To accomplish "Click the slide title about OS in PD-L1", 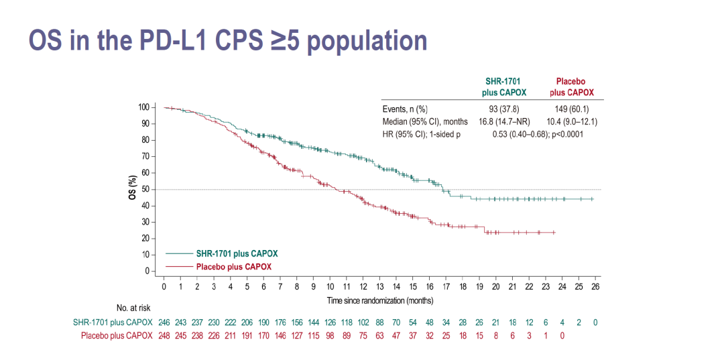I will [x=228, y=41].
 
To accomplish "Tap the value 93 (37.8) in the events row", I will [x=503, y=109].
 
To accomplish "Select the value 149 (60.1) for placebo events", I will [x=574, y=109].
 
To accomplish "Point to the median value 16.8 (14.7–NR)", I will [x=503, y=122].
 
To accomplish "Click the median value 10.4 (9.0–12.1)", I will [x=574, y=122].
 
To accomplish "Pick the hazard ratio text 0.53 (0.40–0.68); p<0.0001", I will [x=538, y=135].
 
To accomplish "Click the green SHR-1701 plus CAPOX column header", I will [x=503, y=87].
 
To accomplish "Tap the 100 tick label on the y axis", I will [x=143, y=107].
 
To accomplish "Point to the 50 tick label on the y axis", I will [x=145, y=189].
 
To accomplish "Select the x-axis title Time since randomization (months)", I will [x=380, y=300].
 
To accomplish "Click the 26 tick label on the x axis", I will [x=595, y=286].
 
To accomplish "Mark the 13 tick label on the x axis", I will [x=379, y=286].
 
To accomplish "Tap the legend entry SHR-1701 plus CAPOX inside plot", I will [x=237, y=253].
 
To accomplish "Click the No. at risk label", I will [x=133, y=308].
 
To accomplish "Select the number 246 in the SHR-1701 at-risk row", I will [x=164, y=322].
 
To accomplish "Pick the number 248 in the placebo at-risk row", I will [x=164, y=335].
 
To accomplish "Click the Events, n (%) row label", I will [x=405, y=109].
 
